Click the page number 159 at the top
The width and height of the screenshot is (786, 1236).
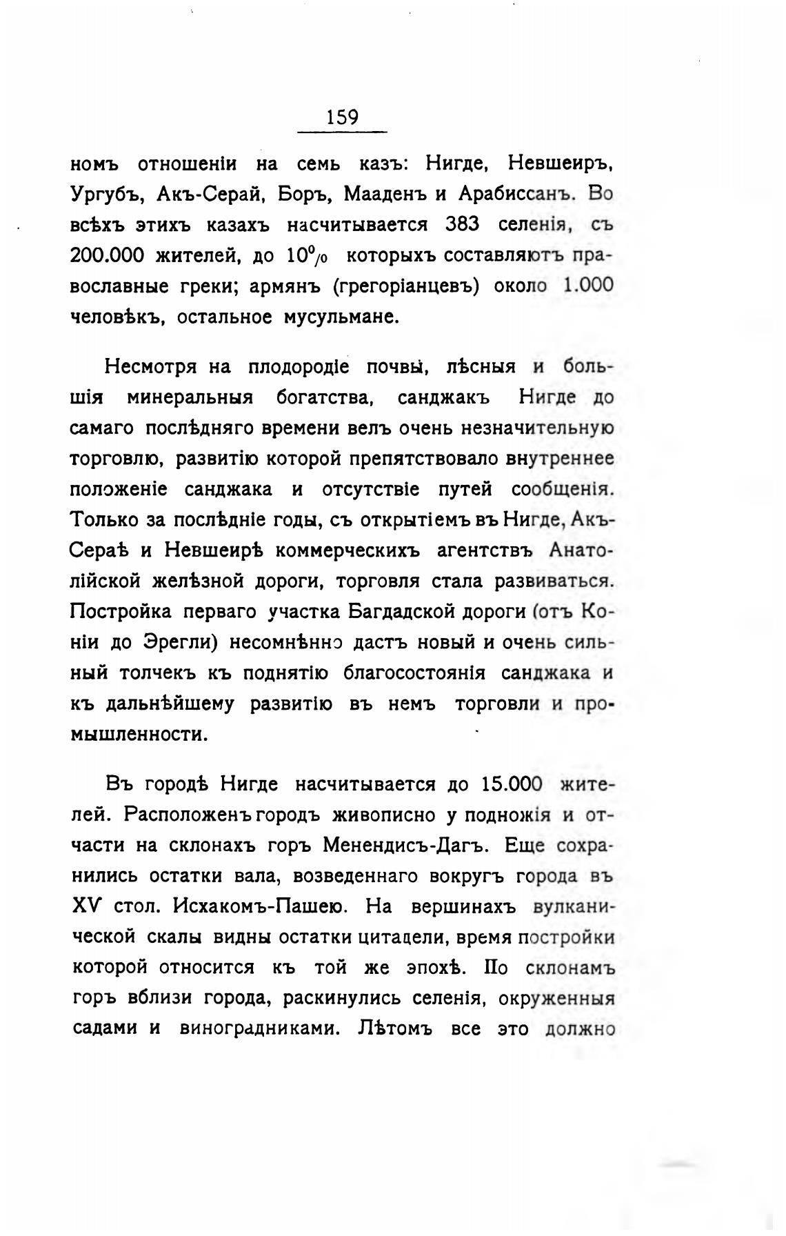[x=343, y=117]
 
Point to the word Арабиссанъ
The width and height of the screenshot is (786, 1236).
[x=514, y=195]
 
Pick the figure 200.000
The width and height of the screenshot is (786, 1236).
[x=107, y=256]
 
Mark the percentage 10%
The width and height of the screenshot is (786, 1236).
[x=307, y=256]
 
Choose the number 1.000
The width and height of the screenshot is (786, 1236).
[x=587, y=286]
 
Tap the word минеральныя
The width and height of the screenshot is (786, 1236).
[x=190, y=398]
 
